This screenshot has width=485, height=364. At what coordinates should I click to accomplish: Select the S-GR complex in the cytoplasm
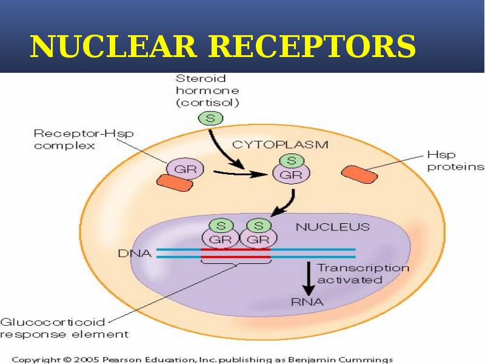tap(290, 168)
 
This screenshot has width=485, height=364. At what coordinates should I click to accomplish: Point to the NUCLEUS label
tap(332, 227)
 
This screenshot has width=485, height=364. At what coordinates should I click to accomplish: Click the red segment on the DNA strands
tap(235, 253)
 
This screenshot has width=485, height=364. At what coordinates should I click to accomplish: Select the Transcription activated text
tap(363, 274)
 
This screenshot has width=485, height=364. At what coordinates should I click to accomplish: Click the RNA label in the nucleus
tap(307, 301)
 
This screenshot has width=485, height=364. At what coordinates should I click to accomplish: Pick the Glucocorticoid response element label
tap(64, 328)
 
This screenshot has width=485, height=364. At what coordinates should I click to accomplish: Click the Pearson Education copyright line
tap(203, 359)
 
